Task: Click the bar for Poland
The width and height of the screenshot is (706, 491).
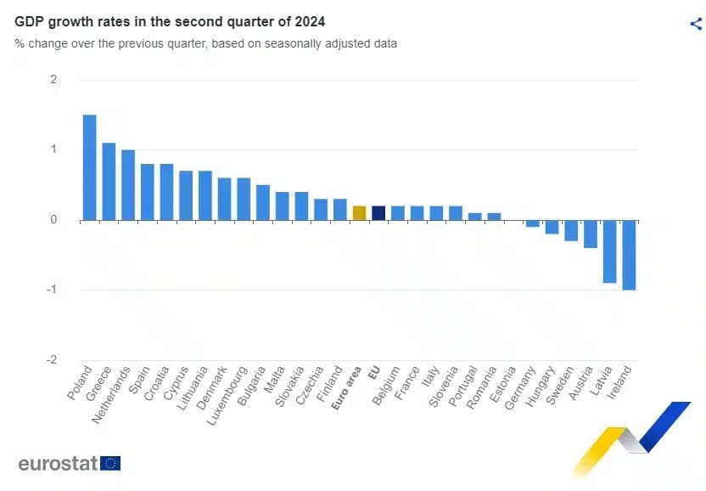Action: coord(89,167)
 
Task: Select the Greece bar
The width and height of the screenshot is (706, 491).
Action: coord(109,181)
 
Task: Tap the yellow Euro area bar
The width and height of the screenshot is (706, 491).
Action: coord(359,212)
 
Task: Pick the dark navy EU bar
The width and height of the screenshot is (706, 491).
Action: coord(378,212)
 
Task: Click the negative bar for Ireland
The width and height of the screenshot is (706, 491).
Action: coord(629,255)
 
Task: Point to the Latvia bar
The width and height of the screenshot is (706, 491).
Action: coord(609,251)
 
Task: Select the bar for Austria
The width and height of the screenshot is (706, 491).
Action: coord(591,234)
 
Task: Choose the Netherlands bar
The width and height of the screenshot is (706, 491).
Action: coord(128,184)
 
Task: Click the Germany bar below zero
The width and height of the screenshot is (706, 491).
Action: coord(533,223)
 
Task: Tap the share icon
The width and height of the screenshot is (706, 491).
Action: coord(696,24)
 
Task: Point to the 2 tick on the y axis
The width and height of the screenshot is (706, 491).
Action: coord(53,80)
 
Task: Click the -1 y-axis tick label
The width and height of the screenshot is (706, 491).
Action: coord(52,290)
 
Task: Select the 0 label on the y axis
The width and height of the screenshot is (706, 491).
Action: coord(53,220)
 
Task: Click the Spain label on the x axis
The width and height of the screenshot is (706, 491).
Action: coord(139,381)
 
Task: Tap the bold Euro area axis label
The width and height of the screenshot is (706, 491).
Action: coord(348,389)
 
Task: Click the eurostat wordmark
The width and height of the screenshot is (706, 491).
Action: coord(57,463)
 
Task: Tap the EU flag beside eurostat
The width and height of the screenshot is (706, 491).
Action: coord(110,463)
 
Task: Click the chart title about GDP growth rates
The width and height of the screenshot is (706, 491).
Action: coord(170,20)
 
